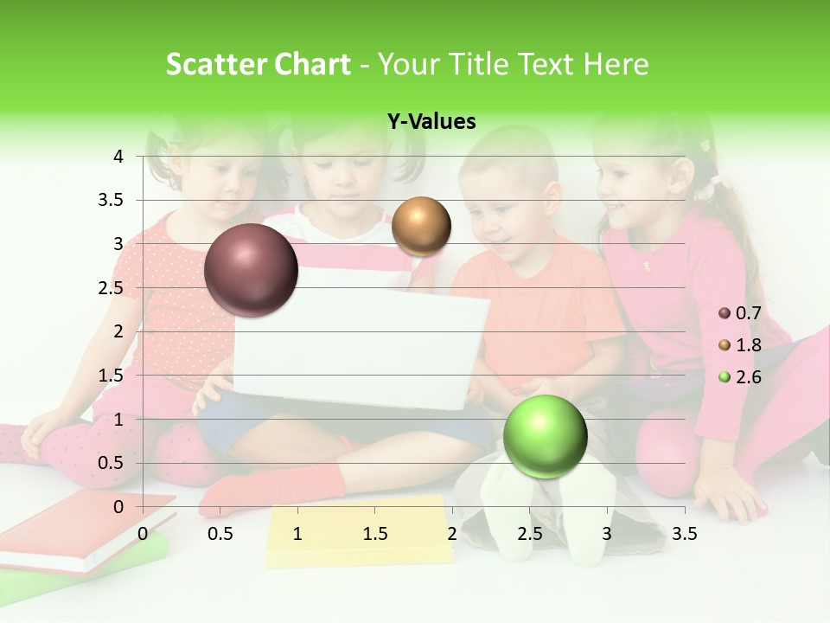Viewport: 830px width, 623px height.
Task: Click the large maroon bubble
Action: pos(251,270)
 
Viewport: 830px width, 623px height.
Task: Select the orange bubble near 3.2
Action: pos(421,226)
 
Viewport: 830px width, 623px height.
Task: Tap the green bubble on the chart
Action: pos(545,436)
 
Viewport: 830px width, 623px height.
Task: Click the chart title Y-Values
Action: pos(431,122)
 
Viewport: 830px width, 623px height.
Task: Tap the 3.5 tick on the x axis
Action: pos(684,534)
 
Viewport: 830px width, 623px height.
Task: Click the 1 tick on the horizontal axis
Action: pos(297,534)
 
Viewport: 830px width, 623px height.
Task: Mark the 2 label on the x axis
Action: pos(451,534)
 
